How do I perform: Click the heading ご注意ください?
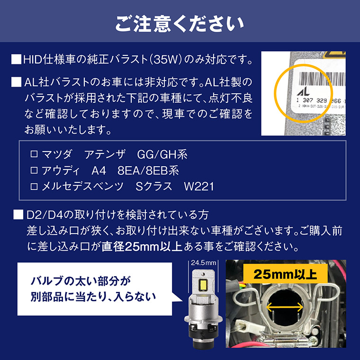(180, 22)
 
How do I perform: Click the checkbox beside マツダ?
(33, 154)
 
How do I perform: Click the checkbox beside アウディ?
(33, 171)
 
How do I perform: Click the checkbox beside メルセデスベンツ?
(33, 187)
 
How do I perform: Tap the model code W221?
(198, 187)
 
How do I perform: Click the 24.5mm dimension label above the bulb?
(203, 262)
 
